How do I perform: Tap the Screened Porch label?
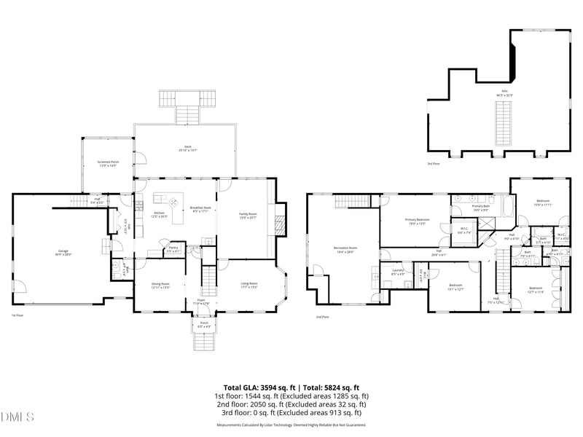109,164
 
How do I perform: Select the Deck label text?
188,148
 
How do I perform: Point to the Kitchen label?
159,214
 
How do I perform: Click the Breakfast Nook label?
200,209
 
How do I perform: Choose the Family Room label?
249,215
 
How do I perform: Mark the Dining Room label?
160,286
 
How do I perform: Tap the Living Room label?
249,286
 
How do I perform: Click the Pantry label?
173,249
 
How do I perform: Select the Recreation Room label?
345,250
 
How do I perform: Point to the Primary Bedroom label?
418,221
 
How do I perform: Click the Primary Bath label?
481,208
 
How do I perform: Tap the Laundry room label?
398,272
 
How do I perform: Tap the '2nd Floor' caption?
323,317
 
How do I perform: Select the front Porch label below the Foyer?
204,325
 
